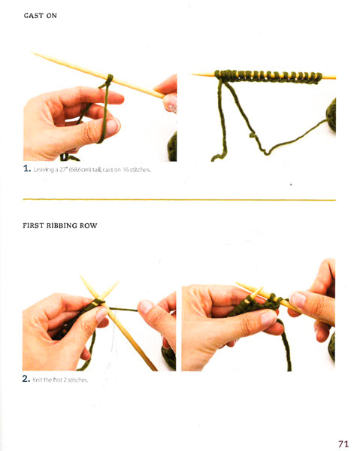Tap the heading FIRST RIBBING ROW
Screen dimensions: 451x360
click(60, 225)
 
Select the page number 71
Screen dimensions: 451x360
click(343, 443)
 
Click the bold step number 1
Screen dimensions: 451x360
click(27, 170)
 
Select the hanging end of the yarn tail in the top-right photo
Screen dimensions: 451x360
click(215, 157)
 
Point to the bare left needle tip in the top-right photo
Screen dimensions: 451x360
click(200, 74)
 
